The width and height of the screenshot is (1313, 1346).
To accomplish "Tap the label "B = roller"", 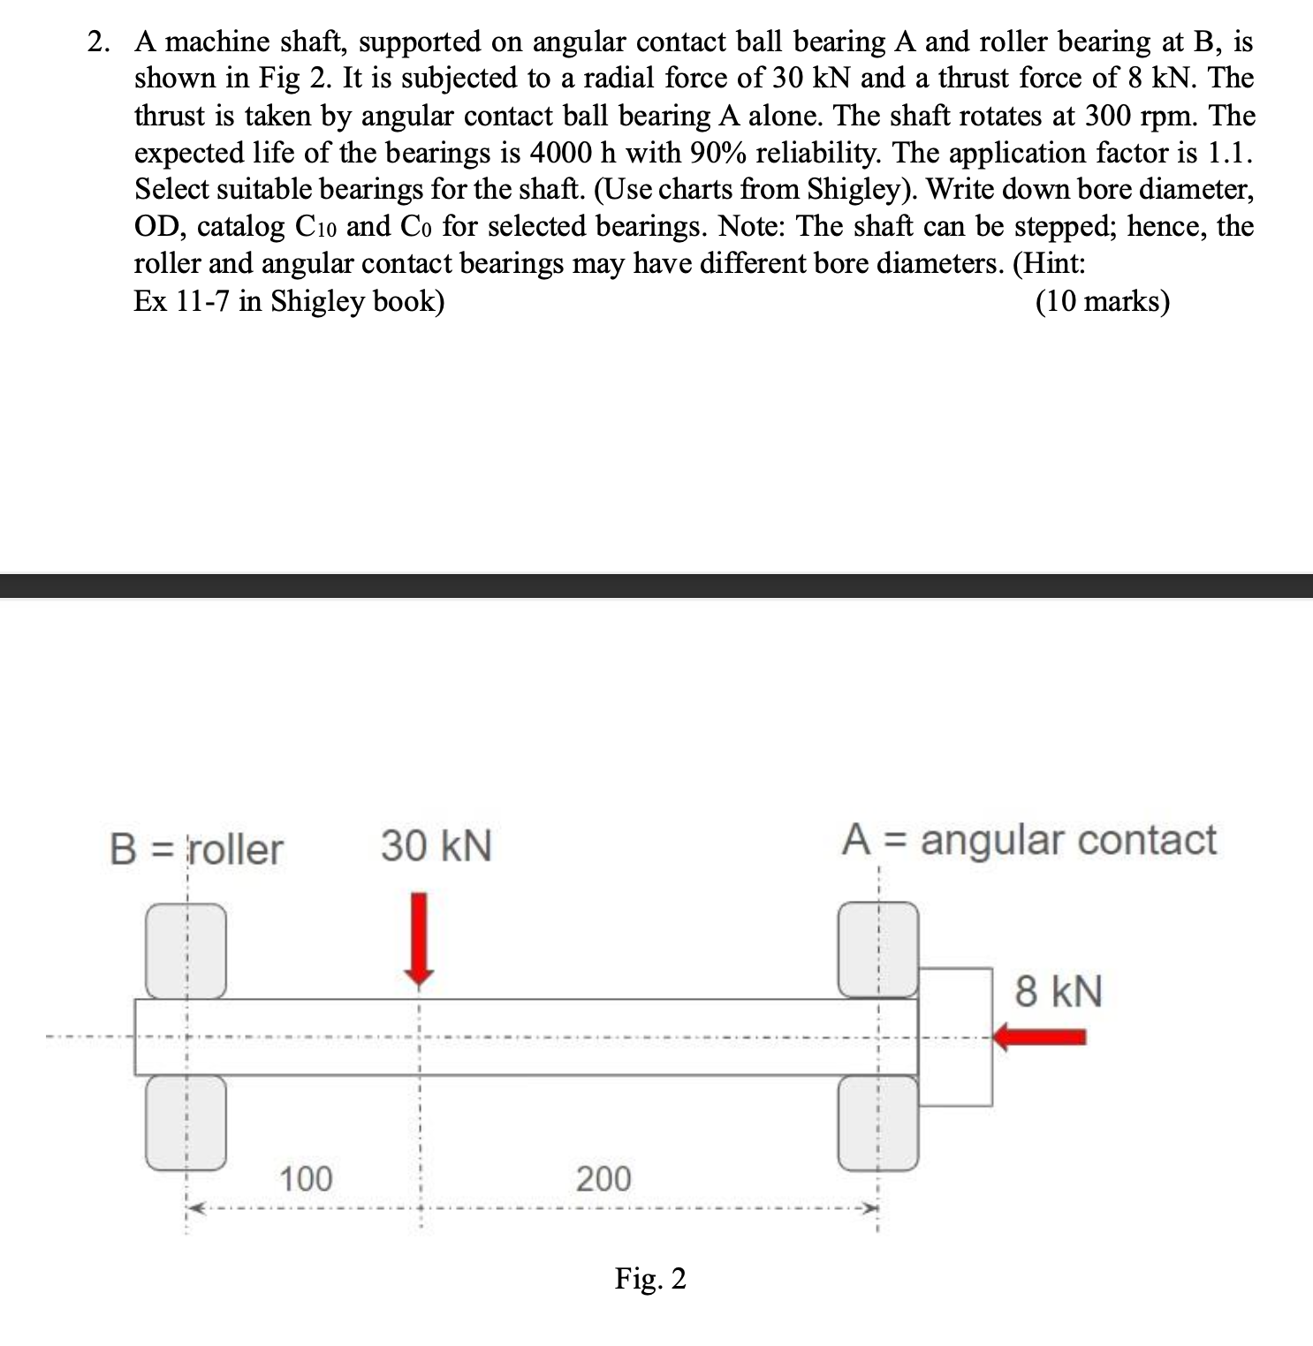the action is point(196,849).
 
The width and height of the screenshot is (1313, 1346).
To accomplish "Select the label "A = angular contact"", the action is point(1028,839).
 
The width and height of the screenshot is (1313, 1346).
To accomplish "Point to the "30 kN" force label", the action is point(436,845).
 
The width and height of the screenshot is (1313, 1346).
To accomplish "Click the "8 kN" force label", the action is point(1059,991).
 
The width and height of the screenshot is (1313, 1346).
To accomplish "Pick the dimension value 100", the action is point(306,1178).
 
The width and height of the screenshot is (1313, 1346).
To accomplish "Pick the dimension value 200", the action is point(603,1178).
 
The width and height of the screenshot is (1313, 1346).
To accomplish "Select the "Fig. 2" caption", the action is point(650,1278).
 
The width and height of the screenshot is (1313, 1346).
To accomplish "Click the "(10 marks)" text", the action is point(1102,301).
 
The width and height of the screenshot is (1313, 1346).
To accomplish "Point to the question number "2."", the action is point(99,42).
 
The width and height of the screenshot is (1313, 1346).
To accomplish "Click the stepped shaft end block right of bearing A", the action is point(956,1037).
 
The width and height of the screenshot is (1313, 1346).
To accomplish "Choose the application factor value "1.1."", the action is point(1229,153).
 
